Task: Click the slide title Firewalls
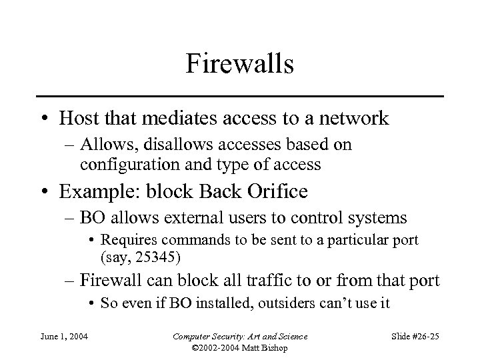(x=240, y=65)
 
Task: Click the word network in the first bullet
(x=351, y=119)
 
